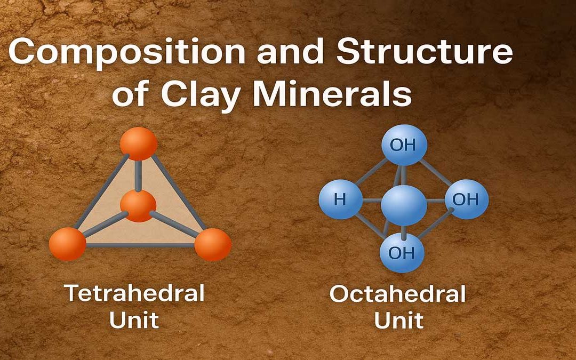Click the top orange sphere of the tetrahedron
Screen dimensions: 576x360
pyautogui.click(x=139, y=143)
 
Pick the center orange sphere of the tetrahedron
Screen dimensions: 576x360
pyautogui.click(x=138, y=206)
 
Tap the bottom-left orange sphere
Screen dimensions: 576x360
pyautogui.click(x=68, y=244)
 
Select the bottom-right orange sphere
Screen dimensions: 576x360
pyautogui.click(x=213, y=244)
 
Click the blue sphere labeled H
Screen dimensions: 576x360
pyautogui.click(x=340, y=199)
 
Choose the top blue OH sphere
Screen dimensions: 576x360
pyautogui.click(x=404, y=145)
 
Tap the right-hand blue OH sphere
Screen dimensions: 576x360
pyautogui.click(x=467, y=199)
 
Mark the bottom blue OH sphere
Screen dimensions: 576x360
pyautogui.click(x=402, y=253)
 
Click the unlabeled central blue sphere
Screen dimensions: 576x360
pyautogui.click(x=404, y=205)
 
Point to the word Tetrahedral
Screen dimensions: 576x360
pyautogui.click(x=134, y=293)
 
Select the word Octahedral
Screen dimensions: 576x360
pyautogui.click(x=397, y=293)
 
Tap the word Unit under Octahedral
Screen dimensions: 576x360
pyautogui.click(x=399, y=320)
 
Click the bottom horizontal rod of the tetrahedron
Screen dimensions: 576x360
pyautogui.click(x=140, y=245)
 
